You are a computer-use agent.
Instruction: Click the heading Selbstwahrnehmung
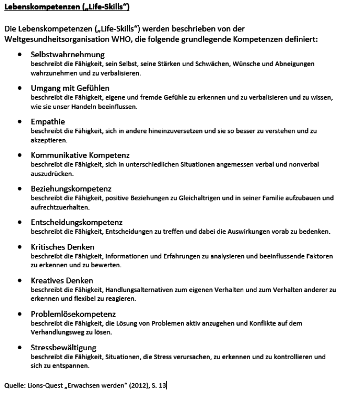(x=68, y=54)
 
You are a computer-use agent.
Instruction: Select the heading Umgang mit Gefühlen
(x=70, y=88)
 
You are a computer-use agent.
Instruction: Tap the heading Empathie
(x=48, y=121)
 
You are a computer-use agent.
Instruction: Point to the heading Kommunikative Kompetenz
(x=80, y=155)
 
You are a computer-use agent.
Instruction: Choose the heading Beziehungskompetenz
(x=71, y=189)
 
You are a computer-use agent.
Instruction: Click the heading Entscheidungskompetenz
(x=77, y=222)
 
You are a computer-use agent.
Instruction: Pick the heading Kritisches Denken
(x=63, y=246)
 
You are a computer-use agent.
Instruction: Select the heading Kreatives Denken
(x=62, y=280)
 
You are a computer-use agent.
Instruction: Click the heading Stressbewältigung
(x=64, y=347)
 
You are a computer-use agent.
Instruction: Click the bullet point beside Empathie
(x=19, y=122)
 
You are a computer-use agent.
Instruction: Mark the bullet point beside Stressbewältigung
(x=19, y=348)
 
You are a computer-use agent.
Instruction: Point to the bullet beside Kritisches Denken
(x=19, y=247)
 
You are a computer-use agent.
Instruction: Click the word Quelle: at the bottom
(x=14, y=386)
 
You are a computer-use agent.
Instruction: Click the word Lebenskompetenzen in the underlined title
(x=35, y=7)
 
